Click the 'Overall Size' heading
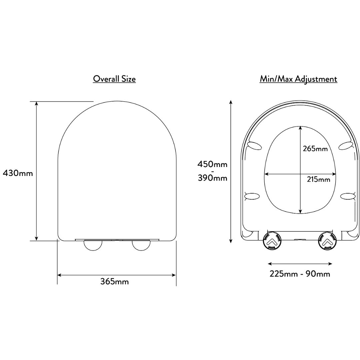(114, 79)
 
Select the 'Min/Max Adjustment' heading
(298, 79)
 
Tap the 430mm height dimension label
(18, 173)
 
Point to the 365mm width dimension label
(115, 281)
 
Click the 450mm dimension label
(212, 164)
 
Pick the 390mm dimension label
(213, 178)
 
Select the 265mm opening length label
(315, 149)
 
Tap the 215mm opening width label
(319, 179)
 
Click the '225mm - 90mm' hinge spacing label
(300, 274)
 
